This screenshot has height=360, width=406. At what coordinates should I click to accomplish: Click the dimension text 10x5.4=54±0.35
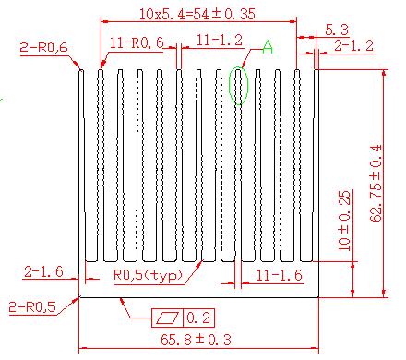click(x=197, y=14)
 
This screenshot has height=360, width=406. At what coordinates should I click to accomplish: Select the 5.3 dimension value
click(x=337, y=30)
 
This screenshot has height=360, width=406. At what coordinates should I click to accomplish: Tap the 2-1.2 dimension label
click(x=353, y=46)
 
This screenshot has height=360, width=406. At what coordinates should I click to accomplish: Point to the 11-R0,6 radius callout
click(x=137, y=42)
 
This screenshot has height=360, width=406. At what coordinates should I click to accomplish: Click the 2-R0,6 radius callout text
click(x=43, y=47)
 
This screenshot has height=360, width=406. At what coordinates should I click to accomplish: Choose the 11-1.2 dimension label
click(x=220, y=41)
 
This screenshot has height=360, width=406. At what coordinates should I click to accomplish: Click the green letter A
click(x=268, y=47)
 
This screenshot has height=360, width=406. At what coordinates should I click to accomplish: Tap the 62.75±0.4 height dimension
click(x=376, y=183)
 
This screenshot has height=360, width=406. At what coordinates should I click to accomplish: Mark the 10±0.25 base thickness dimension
click(x=344, y=221)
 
